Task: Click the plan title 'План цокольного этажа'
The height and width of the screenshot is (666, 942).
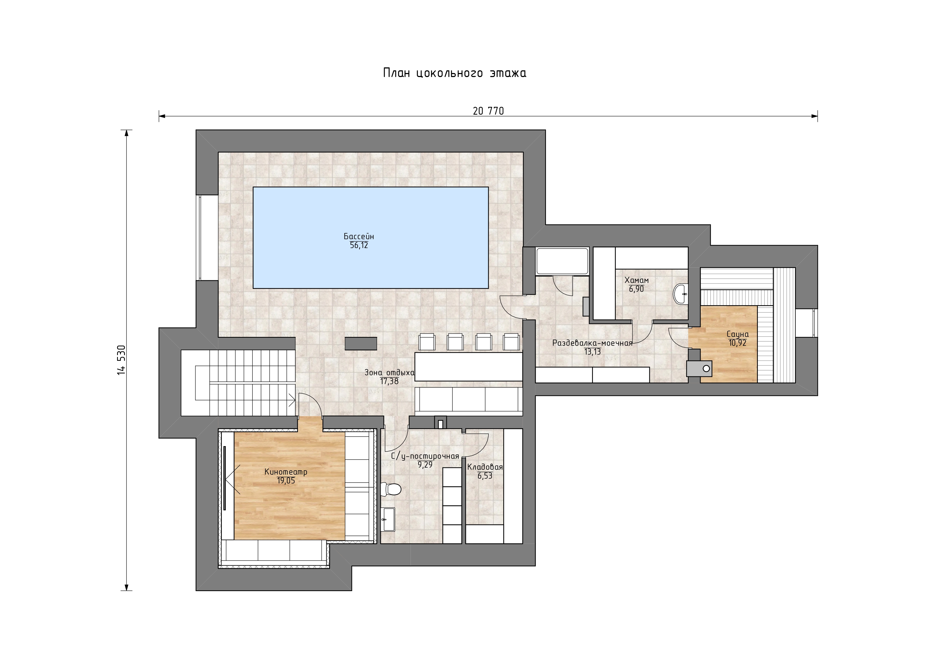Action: point(455,73)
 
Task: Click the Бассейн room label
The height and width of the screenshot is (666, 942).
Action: point(359,236)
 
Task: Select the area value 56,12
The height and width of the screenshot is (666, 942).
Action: point(359,246)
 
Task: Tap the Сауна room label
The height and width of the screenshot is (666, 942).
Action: point(738,334)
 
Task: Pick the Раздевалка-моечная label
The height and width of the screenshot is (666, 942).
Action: point(592,343)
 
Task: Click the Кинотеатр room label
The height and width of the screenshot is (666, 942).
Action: point(286,472)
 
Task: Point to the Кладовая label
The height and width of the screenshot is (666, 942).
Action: point(485,467)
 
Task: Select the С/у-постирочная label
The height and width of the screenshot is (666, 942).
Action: point(425,456)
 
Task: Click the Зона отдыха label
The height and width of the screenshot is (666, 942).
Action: point(389,373)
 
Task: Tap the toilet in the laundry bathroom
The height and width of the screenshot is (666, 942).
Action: point(391,489)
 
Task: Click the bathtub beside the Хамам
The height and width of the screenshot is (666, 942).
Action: point(562,261)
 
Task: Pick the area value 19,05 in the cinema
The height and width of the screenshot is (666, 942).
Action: point(286,481)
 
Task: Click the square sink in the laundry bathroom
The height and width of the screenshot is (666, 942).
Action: point(388,520)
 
